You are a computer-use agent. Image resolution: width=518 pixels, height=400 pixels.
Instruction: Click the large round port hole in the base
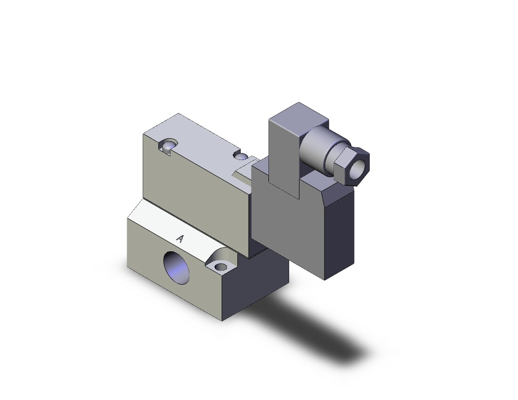coord(177,268)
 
